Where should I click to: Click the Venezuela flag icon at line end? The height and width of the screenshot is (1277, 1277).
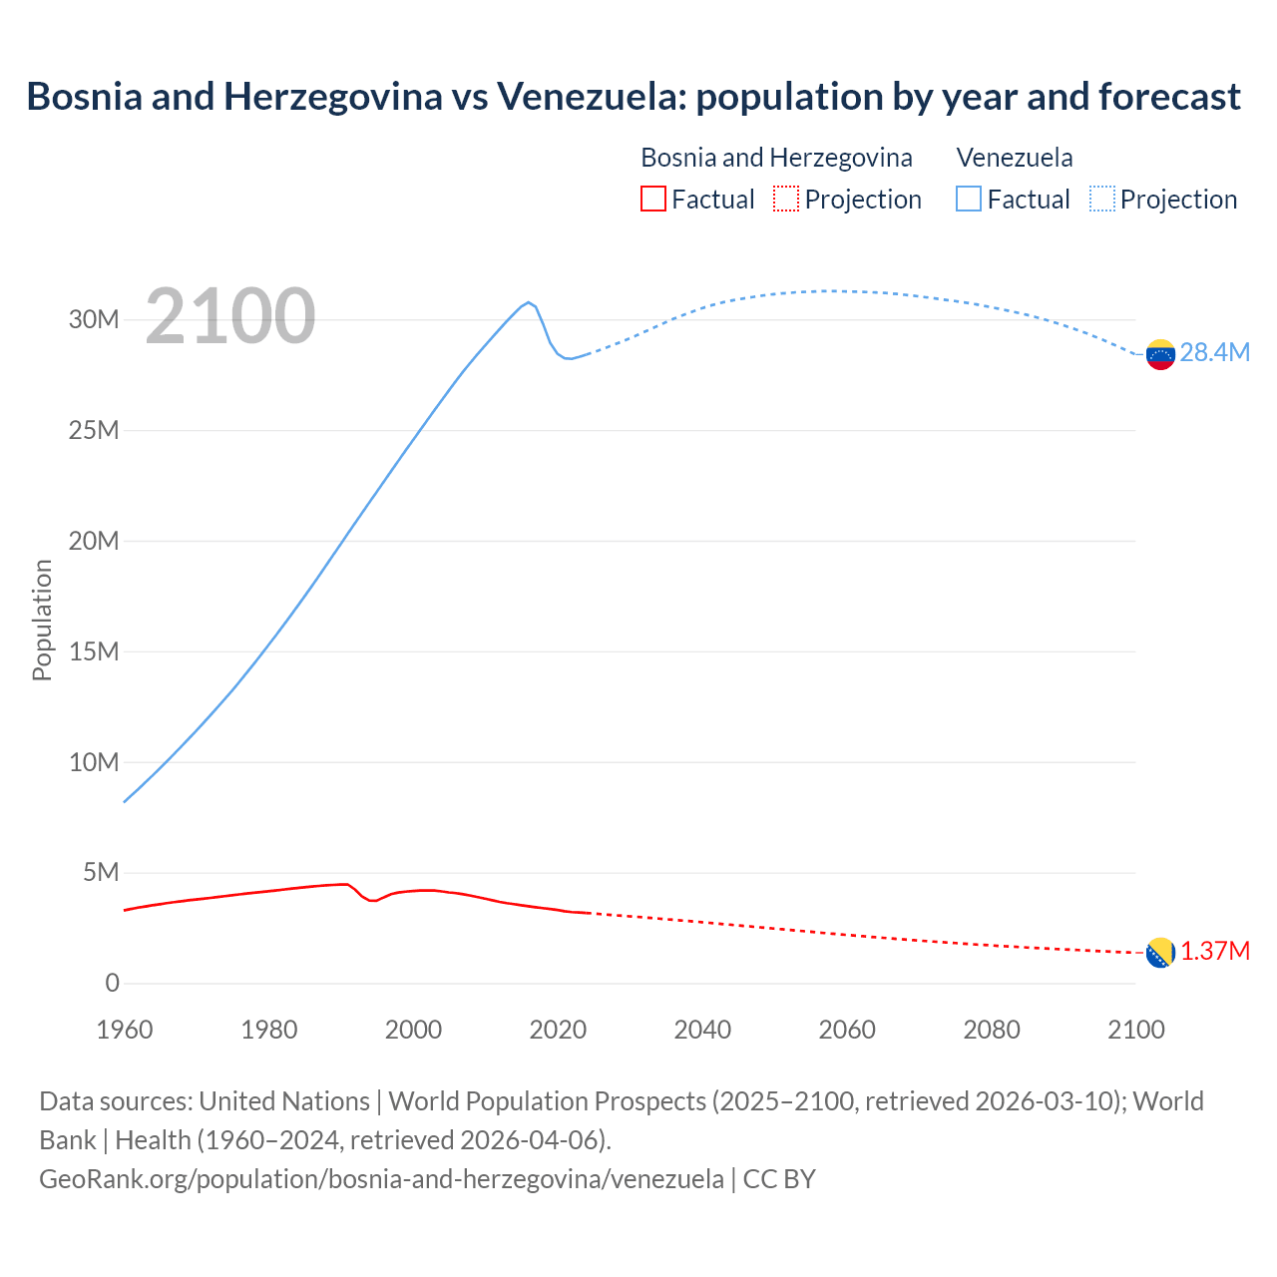[1160, 354]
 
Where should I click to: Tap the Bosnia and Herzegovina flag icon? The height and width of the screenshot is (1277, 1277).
[1160, 953]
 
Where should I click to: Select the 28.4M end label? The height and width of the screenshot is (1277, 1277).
[1214, 352]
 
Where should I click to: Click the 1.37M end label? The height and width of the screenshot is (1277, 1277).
[1215, 951]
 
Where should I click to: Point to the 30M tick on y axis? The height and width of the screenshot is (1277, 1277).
[94, 319]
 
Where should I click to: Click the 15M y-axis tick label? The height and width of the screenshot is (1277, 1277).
[94, 651]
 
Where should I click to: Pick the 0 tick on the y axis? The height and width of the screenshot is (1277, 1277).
[112, 983]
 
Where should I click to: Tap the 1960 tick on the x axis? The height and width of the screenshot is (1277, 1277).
[125, 1030]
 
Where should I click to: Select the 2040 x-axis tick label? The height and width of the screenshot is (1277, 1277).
[702, 1030]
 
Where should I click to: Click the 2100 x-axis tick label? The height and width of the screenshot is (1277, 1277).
[1135, 1030]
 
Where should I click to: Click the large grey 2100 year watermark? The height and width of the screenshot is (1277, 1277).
[230, 316]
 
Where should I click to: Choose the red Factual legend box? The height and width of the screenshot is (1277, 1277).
[653, 199]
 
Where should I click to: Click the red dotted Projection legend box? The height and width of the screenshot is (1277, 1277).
[786, 199]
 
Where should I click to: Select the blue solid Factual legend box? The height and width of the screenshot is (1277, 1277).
[969, 199]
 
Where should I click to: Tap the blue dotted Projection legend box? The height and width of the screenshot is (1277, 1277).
[1102, 199]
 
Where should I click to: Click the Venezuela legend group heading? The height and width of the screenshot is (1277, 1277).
[1015, 158]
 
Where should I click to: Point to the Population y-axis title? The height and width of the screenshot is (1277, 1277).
[42, 620]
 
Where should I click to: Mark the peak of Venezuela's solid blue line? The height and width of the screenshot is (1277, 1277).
[529, 301]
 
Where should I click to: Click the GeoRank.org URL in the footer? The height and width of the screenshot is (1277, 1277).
[381, 1179]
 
